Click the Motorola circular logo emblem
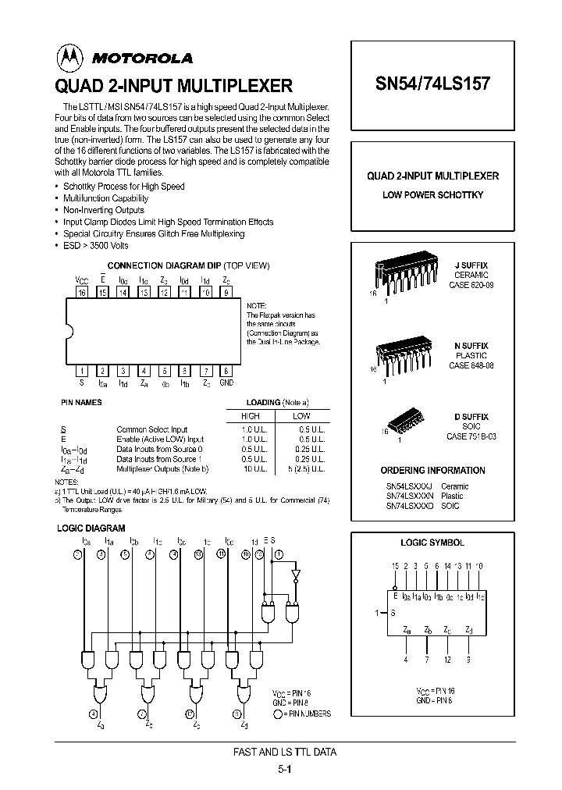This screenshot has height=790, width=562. (67, 57)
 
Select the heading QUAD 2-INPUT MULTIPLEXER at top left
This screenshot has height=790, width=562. (173, 84)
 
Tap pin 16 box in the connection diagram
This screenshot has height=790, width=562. (82, 293)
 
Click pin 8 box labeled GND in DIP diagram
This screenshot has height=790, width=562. (226, 371)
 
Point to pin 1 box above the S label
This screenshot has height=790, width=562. (82, 371)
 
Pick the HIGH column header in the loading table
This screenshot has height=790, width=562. (250, 416)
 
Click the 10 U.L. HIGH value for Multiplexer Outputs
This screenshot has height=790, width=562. (250, 470)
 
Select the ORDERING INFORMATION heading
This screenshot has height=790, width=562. (432, 471)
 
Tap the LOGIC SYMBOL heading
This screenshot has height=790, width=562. (432, 543)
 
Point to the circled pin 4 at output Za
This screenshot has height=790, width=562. (94, 713)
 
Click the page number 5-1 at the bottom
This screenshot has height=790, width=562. (285, 768)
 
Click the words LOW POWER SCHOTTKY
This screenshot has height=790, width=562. (432, 194)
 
